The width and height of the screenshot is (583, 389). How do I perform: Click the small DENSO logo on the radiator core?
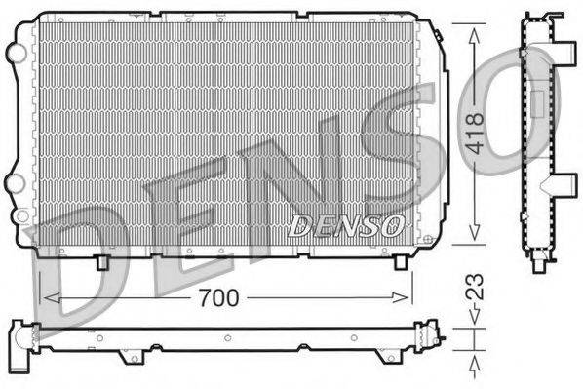pyautogui.click(x=346, y=226)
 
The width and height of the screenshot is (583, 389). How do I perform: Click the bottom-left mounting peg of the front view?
pyautogui.click(x=101, y=261)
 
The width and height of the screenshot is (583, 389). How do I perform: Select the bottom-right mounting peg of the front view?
pyautogui.click(x=400, y=261)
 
